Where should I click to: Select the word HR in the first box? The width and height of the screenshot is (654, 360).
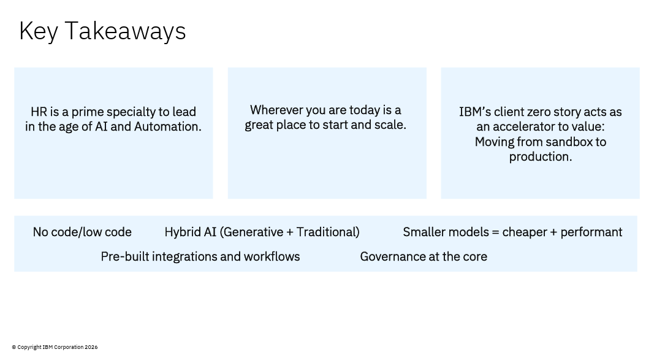point(39,112)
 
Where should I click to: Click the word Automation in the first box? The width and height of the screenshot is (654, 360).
point(168,126)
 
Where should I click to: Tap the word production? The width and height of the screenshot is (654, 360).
point(541,157)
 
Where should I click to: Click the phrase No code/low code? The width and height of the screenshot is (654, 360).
point(82,232)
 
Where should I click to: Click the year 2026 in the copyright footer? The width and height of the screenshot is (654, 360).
point(91,347)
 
